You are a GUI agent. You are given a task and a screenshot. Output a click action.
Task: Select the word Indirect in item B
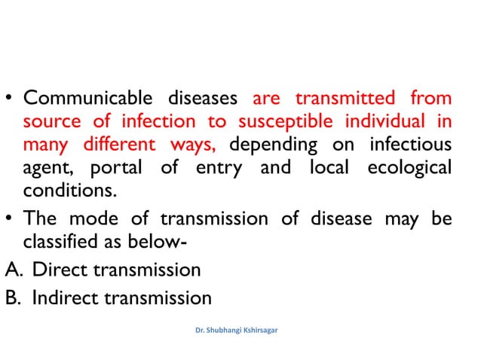68,298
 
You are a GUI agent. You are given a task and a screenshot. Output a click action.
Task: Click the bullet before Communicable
11,99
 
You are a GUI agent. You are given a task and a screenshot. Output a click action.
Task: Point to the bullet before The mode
11,219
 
